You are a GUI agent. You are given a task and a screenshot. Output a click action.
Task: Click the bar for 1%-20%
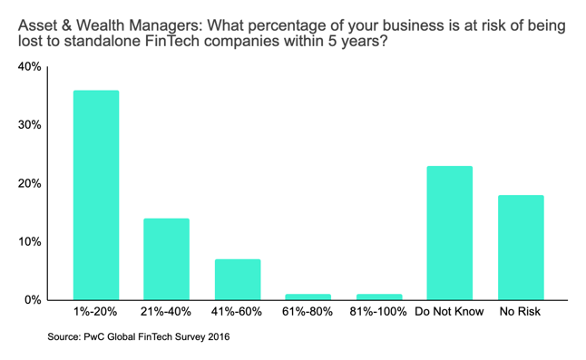point(95,195)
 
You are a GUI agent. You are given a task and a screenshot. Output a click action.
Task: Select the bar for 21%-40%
point(166,258)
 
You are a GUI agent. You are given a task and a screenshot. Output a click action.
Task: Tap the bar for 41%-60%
point(237,279)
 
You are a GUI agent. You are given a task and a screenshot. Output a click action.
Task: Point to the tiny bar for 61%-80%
point(308,296)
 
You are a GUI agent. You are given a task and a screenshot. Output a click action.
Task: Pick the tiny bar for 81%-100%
point(378,296)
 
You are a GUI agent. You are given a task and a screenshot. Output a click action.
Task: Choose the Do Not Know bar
point(449,232)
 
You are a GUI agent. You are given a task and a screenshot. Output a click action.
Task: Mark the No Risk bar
point(520,247)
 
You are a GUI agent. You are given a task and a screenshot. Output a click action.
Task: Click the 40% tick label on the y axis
point(30,67)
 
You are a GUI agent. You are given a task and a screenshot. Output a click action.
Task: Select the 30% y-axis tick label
point(30,125)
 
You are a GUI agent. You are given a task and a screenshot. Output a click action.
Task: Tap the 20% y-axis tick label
point(30,183)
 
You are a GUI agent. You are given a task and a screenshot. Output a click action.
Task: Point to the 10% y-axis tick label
point(30,242)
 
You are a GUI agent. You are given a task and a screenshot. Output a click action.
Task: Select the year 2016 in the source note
point(217,337)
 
